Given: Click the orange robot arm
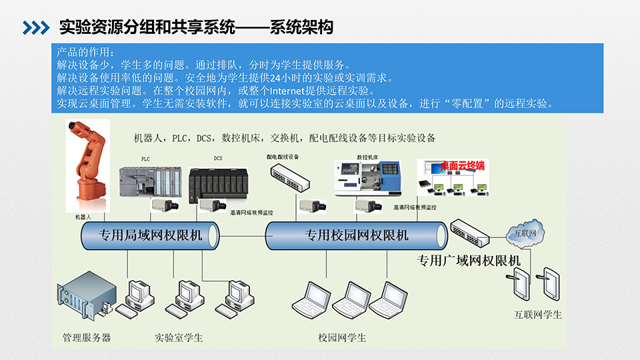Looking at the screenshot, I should point(89,167).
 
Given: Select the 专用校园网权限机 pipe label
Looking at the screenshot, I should point(357,235).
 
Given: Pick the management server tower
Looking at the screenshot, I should point(83,297).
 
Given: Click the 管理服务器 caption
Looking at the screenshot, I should point(87,337).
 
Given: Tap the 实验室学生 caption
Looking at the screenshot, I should point(179,337).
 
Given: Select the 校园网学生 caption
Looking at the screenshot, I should point(342,337).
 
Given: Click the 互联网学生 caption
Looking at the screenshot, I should point(538,314).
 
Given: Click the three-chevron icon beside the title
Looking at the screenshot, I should point(37,27).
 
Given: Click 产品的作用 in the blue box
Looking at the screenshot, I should point(85,52).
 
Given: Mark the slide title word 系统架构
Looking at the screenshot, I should point(301,27).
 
